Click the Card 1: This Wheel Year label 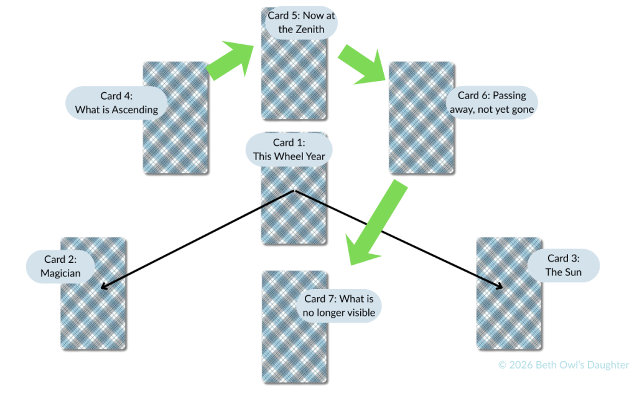pos(289,149)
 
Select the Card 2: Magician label pos(60,266)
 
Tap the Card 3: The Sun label pos(563,265)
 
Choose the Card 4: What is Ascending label pos(116,103)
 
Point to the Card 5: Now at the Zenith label pos(302,22)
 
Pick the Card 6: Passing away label pos(491,102)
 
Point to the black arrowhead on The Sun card pos(500,287)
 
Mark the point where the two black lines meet pos(294,191)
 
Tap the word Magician pos(60,273)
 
